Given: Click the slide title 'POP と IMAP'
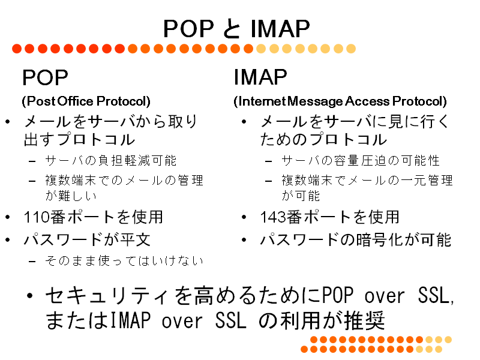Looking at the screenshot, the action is coord(236,29).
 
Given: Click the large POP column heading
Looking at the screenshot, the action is coord(45,77).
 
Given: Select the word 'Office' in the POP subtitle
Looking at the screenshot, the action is coord(76,101).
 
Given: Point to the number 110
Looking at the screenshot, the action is coord(37,217).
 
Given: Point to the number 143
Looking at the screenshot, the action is coord(273,217).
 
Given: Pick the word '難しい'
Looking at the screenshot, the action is coord(77,196).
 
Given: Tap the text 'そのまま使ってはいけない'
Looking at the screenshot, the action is coord(124,261).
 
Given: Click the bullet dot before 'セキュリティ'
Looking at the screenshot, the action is coord(29,296).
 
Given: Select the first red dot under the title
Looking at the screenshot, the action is coord(17,49).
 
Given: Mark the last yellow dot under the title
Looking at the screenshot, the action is coord(351,49).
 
